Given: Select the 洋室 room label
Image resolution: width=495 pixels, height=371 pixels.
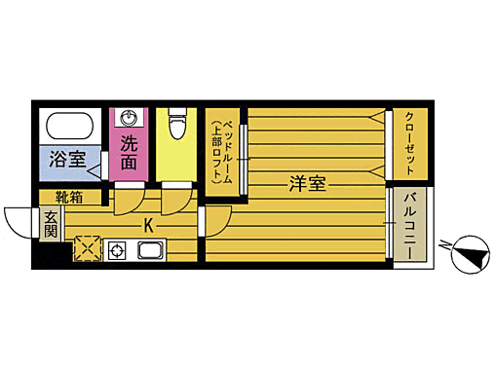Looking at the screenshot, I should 307,182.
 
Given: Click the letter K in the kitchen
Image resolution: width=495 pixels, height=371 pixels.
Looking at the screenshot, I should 149,227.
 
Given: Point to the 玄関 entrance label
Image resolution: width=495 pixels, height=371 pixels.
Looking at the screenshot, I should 51,226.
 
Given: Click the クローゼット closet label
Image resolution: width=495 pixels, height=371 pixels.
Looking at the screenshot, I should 410,143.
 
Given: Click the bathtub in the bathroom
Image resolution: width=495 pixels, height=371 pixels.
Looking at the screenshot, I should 67,127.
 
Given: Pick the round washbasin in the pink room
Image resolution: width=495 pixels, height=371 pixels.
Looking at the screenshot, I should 129,118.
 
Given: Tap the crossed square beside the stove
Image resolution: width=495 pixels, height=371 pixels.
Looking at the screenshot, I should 88,248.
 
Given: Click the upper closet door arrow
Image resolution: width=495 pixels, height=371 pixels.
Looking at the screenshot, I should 376,119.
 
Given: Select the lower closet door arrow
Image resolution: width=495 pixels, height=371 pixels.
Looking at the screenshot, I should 376,171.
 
